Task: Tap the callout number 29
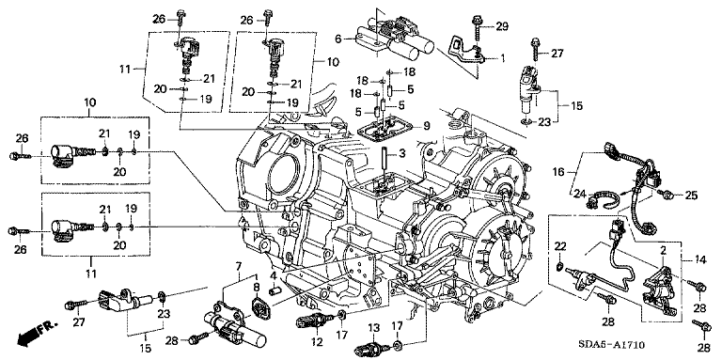[501, 26]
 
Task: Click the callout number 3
[402, 153]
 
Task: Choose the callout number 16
[558, 173]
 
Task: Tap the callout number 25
[691, 196]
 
